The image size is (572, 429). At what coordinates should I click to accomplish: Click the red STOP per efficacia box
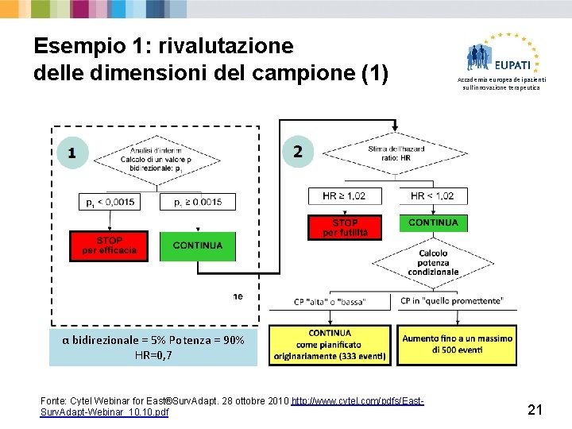pos(109,245)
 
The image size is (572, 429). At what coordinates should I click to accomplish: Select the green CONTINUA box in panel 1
pos(198,245)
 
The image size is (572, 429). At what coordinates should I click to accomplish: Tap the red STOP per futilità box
pos(344,227)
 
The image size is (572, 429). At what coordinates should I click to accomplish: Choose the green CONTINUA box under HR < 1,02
pos(433,222)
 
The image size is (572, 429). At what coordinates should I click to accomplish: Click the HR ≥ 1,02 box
pos(344,195)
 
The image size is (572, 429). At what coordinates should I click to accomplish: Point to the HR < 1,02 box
pos(432,195)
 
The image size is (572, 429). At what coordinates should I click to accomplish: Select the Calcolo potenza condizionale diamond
pos(433,262)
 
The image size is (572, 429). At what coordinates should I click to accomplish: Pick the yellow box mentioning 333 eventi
pos(329,346)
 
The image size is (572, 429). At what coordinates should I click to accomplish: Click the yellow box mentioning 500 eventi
pos(457,344)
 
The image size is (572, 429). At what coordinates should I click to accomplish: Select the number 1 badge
pos(73,152)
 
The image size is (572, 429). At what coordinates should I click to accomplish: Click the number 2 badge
pos(298,150)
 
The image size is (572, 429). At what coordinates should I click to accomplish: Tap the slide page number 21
pos(535,410)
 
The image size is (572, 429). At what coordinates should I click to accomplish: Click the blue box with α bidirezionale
pos(153,347)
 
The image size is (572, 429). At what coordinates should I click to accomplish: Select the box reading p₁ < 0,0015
pos(109,202)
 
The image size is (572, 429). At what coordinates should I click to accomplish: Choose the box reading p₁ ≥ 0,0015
pos(198,202)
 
